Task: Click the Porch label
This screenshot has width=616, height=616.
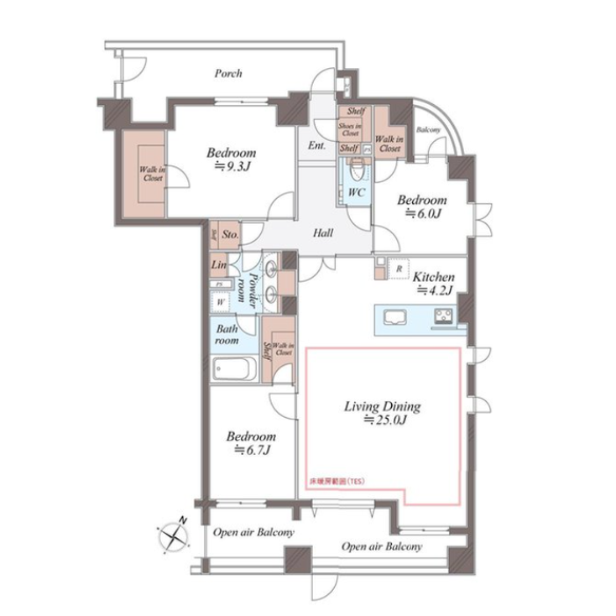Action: [x=227, y=74]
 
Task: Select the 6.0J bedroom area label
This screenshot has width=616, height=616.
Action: [x=422, y=214]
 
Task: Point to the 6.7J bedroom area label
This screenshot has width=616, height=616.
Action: [x=252, y=451]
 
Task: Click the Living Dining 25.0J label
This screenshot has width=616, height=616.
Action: [x=382, y=420]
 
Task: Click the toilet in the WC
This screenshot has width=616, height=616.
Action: [x=356, y=168]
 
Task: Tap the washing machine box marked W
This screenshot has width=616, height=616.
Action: [x=221, y=301]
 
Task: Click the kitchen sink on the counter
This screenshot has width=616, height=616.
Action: [x=394, y=317]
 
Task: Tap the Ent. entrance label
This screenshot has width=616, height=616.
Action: [x=316, y=146]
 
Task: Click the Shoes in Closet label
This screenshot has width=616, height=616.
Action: [x=350, y=129]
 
